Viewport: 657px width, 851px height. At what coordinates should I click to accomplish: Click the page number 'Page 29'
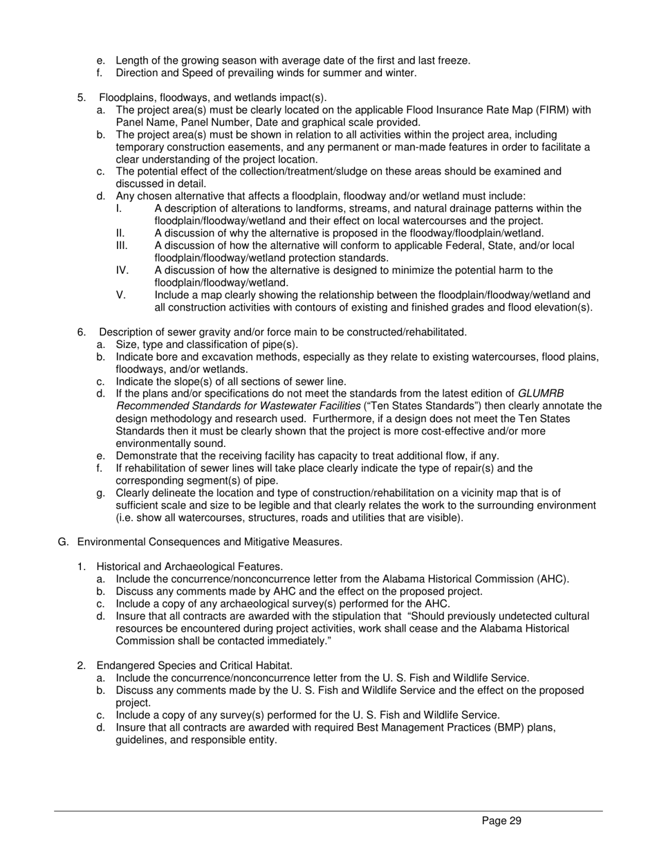[501, 821]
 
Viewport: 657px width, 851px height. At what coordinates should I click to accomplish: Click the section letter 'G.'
[64, 542]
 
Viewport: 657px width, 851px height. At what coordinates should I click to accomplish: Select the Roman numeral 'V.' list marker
[121, 295]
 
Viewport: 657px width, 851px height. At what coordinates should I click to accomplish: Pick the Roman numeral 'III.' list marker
[122, 246]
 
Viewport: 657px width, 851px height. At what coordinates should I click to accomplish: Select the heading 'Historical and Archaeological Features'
[189, 567]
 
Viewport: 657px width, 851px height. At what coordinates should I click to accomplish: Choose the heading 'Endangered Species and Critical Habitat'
[194, 666]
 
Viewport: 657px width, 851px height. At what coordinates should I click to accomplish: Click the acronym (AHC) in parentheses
[552, 579]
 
